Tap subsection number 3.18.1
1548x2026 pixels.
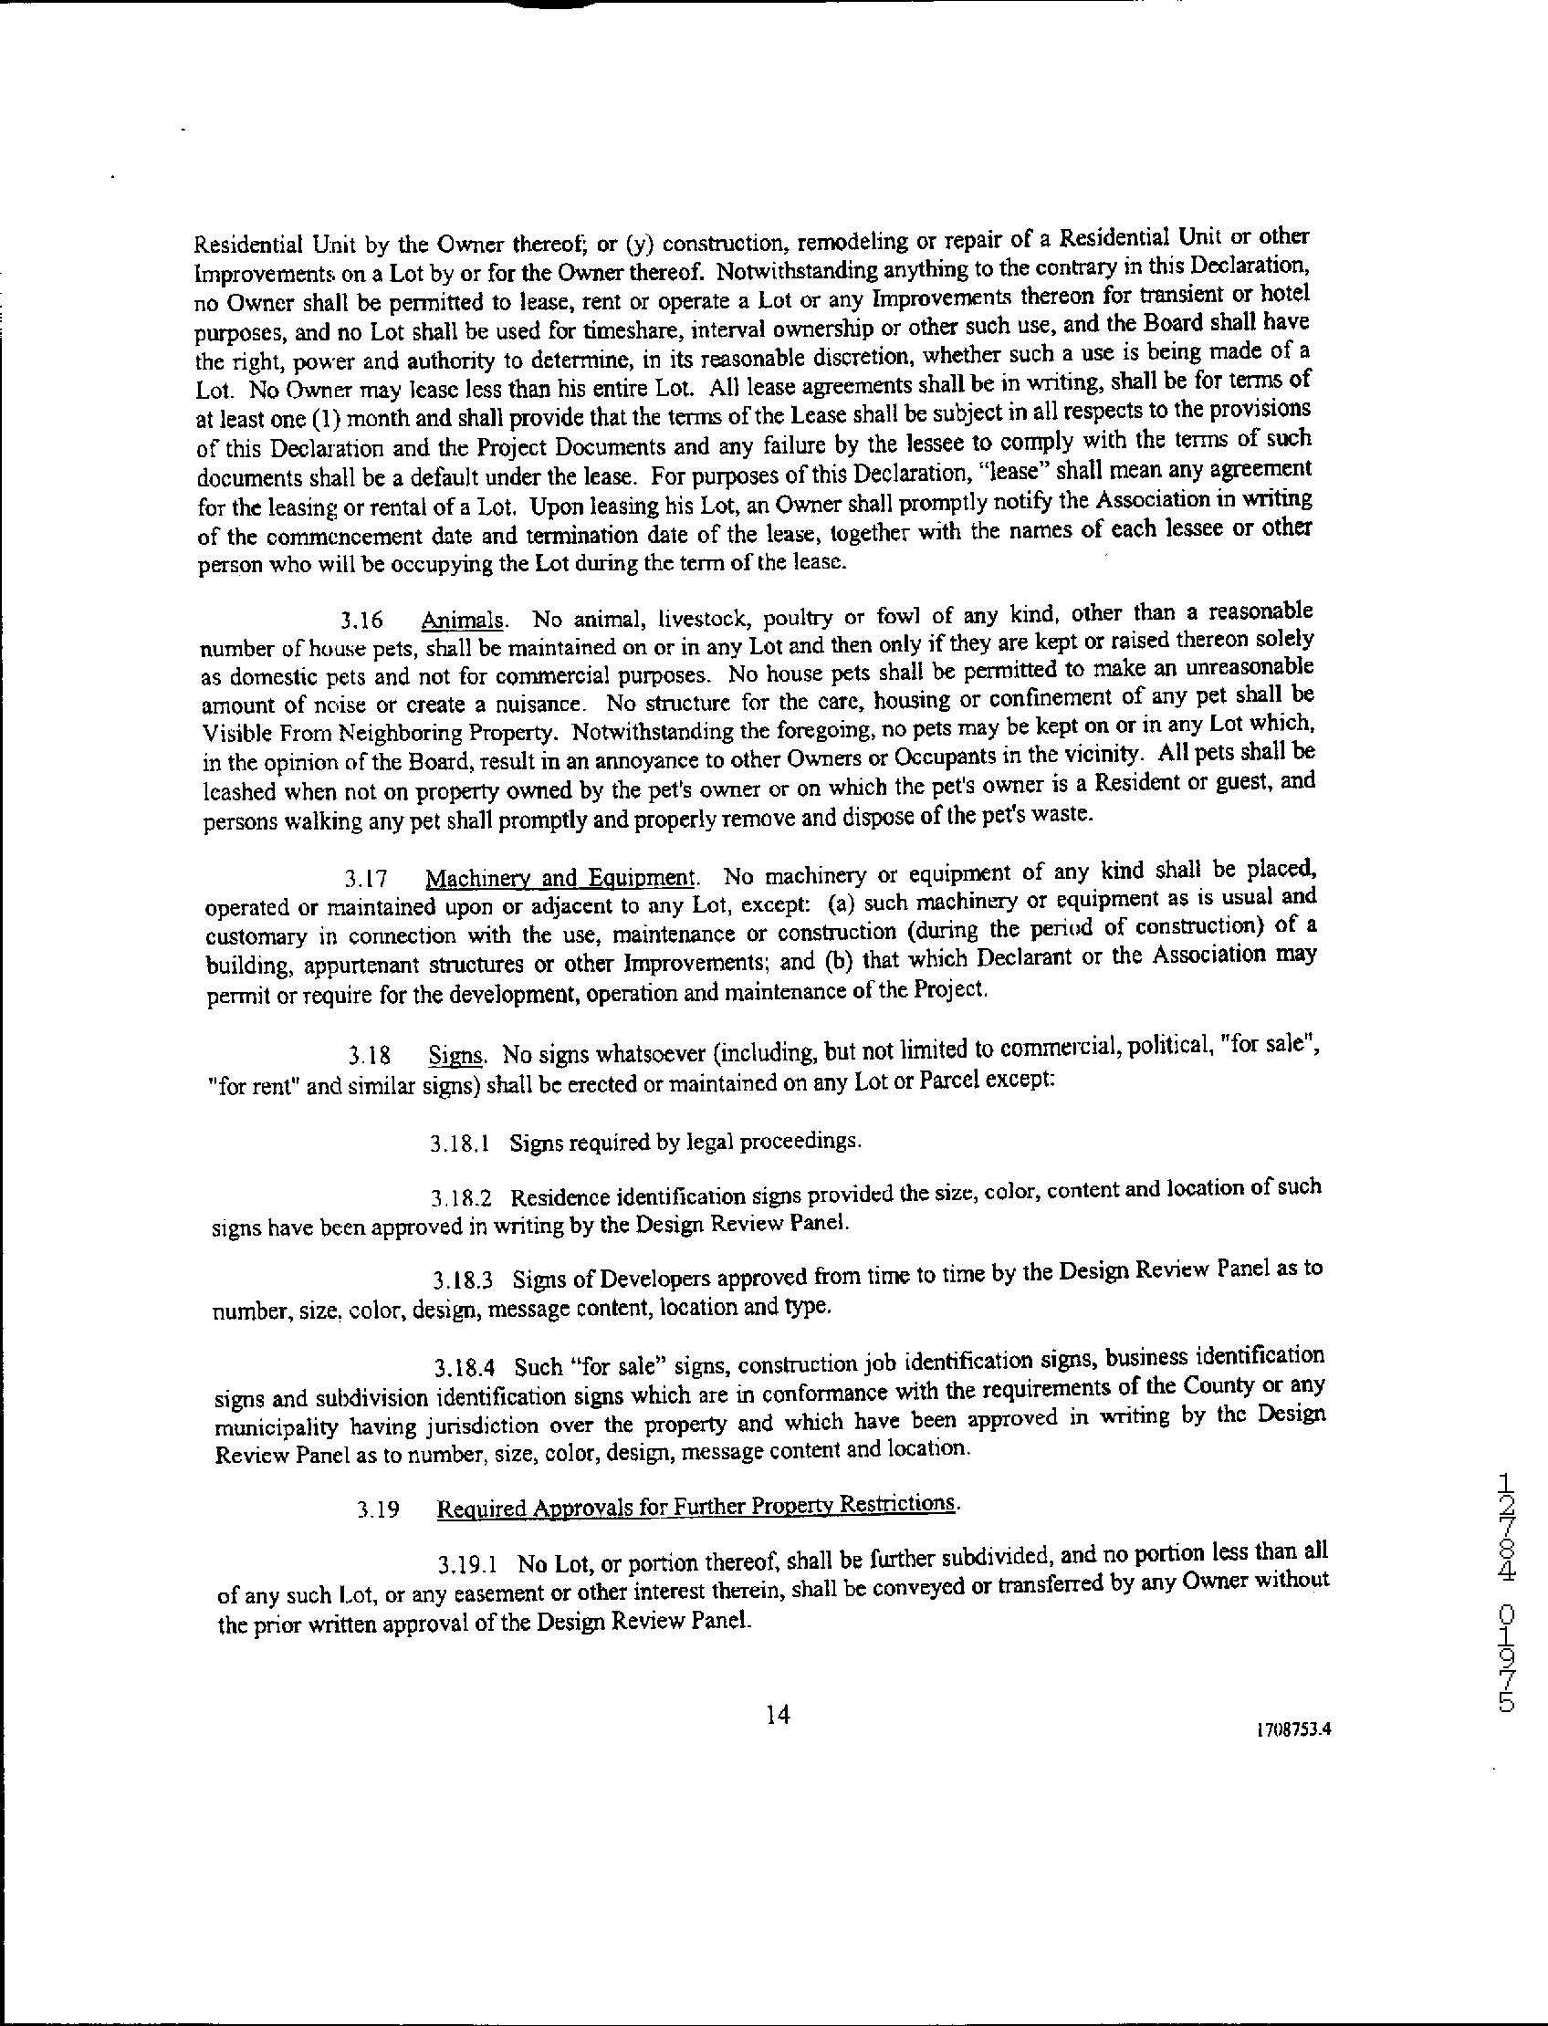pos(458,1144)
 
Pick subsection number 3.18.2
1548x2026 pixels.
pos(461,1200)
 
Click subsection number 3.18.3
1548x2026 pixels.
pos(463,1281)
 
